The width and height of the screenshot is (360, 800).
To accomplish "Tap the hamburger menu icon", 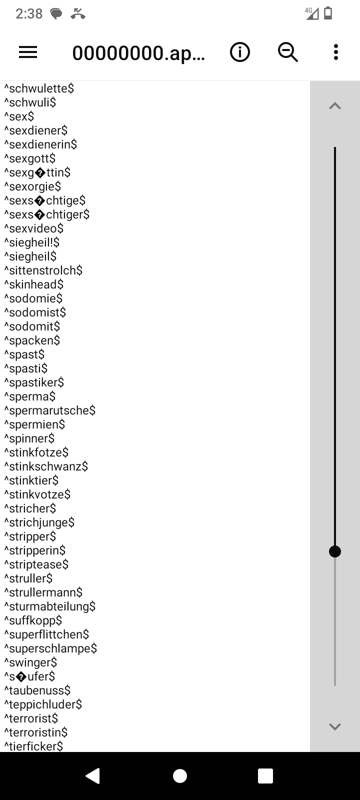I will pos(28,52).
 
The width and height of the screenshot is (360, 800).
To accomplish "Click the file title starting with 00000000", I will pos(138,52).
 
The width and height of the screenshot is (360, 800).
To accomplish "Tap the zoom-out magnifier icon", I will pos(288,52).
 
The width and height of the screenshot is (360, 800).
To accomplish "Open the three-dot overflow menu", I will pos(335,52).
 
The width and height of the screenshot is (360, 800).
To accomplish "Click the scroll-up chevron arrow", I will pos(335,106).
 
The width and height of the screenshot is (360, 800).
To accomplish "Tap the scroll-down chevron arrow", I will pos(335,726).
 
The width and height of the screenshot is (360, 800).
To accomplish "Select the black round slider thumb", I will pos(335,551).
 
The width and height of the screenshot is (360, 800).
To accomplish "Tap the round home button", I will pos(180,775).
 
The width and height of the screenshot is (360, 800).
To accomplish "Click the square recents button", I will pos(265,775).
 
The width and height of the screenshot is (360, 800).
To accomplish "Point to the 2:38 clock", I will pos(29,14).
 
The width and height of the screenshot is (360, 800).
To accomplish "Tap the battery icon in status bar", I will pos(328,13).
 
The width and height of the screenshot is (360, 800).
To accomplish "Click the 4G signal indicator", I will pos(312,13).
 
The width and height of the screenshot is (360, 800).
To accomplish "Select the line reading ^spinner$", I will pos(29,438).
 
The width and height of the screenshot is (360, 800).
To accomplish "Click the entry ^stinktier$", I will pos(31,480).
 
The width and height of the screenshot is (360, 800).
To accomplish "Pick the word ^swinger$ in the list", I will pos(31,662).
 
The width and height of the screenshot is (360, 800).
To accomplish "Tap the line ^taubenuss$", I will pos(37,690).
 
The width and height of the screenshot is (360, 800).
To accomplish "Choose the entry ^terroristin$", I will pos(36,732).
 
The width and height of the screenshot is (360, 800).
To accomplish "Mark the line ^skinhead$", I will pos(34,284).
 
